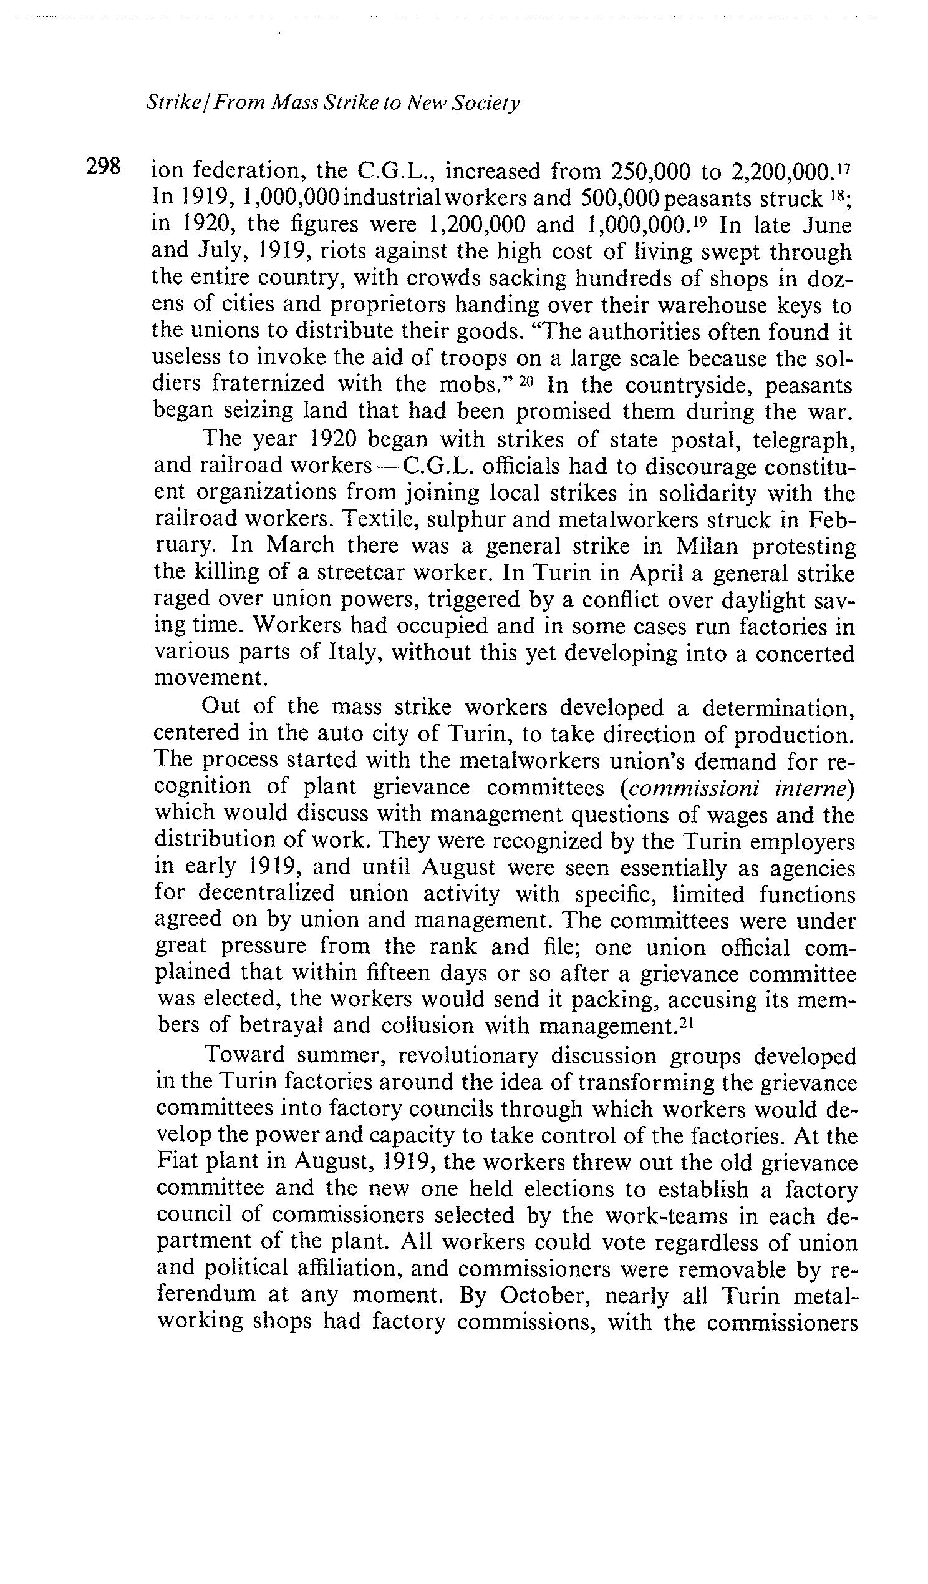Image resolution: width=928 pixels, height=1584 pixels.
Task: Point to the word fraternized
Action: tap(268, 383)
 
